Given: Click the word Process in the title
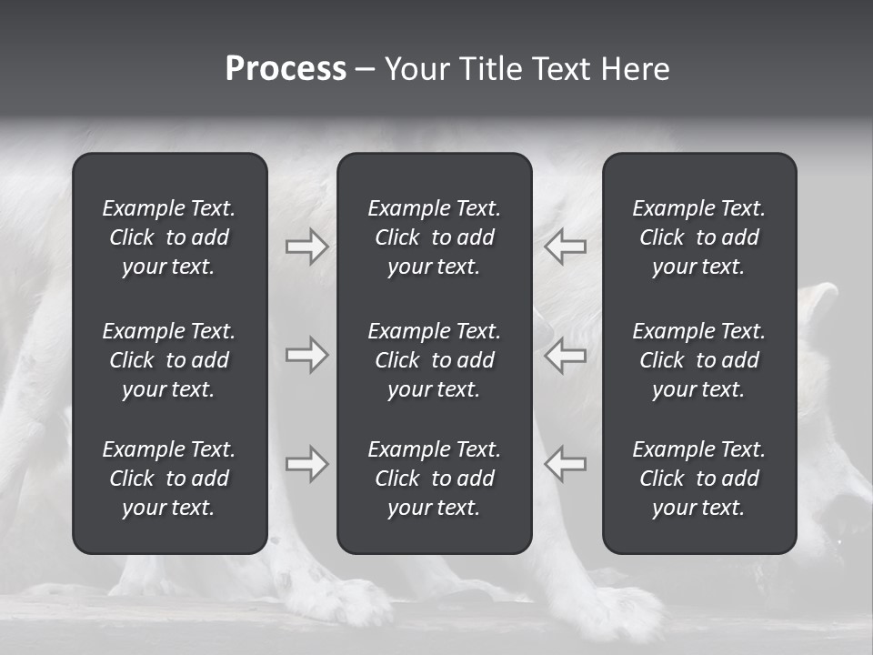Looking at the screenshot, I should [x=286, y=69].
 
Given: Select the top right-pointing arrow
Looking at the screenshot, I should [x=306, y=247].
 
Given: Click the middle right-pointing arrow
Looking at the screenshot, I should [x=306, y=355].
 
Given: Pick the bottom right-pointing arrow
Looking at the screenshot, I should [x=306, y=464].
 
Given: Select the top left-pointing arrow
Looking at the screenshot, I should [x=566, y=247].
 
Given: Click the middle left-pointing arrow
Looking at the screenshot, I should [x=566, y=355].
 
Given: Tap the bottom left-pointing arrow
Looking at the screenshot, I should [x=566, y=464].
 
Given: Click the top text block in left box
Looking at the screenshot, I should [x=169, y=237].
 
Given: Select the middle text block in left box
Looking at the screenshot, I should [x=169, y=360].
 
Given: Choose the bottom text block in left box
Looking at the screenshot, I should [x=169, y=479].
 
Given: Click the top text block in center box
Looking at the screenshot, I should [x=434, y=237].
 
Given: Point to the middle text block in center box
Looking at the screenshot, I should [x=434, y=360].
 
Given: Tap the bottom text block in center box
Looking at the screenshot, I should [x=434, y=479].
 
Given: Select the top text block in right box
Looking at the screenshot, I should [x=698, y=237].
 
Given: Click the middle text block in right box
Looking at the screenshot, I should [x=698, y=360].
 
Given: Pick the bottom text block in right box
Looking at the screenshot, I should [x=698, y=479].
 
